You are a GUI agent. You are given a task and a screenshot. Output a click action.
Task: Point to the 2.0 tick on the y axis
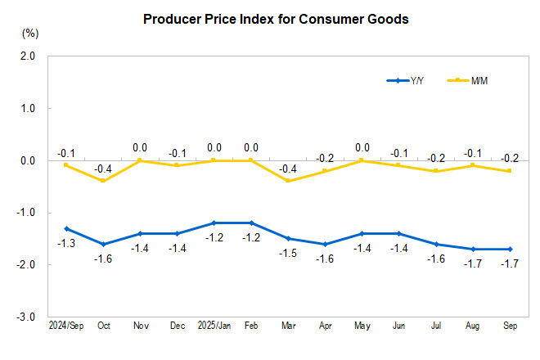coord(29,56)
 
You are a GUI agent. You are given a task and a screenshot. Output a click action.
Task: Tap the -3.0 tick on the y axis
coord(27,317)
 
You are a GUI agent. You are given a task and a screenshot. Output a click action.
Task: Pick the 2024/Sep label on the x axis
coord(65,326)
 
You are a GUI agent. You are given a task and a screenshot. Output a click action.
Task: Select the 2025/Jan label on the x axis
coord(214,326)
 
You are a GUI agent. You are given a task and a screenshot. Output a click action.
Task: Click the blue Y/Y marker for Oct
coord(103,244)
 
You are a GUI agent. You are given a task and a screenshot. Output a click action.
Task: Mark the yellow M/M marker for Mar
coord(288,181)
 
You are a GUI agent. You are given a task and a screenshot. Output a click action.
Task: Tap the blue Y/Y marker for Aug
coord(472,249)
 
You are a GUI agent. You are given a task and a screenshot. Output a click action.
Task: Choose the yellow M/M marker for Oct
coord(103,181)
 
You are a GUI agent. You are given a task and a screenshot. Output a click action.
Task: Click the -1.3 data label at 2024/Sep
coord(66,244)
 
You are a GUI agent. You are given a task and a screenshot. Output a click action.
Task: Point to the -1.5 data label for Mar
coord(288,254)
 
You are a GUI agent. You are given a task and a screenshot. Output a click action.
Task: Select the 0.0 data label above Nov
coord(140,148)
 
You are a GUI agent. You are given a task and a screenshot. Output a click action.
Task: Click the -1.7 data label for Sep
coord(509,263)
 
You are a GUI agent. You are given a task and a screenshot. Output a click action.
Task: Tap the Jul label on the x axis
coord(435,326)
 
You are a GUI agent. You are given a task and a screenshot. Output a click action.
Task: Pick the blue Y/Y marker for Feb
coord(251,223)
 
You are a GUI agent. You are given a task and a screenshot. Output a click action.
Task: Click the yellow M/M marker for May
coord(362,160)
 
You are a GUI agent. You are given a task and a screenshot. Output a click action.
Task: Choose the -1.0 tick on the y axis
coord(27,213)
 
